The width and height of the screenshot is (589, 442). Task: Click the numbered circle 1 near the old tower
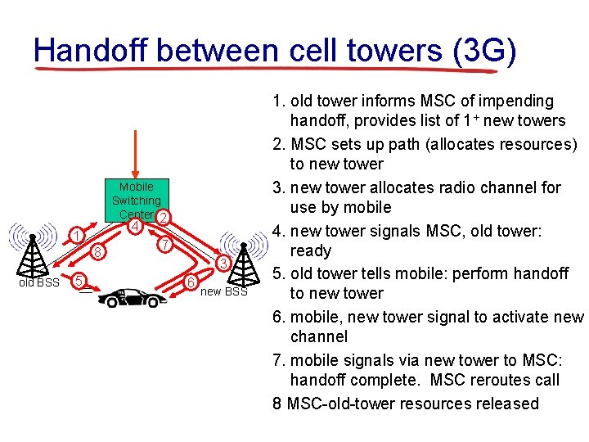point(76,237)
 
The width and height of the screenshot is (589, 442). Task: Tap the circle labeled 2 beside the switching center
point(163,218)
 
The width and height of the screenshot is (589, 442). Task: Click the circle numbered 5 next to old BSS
point(78,281)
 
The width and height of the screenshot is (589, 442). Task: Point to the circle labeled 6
point(190,282)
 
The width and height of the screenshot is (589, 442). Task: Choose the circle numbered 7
point(164,245)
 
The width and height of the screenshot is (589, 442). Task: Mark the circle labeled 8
point(97,253)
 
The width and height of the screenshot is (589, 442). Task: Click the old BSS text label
point(39,283)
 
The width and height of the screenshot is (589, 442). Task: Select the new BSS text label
point(223,292)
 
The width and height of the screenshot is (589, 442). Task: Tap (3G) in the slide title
point(484,51)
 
